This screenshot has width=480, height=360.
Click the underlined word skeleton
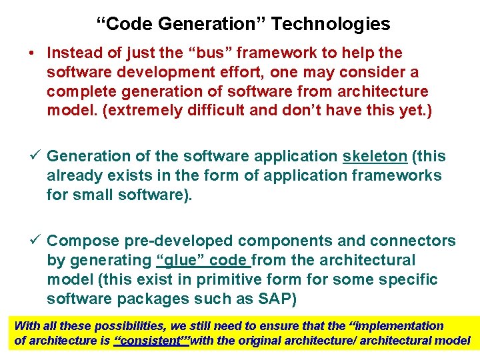(375, 156)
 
